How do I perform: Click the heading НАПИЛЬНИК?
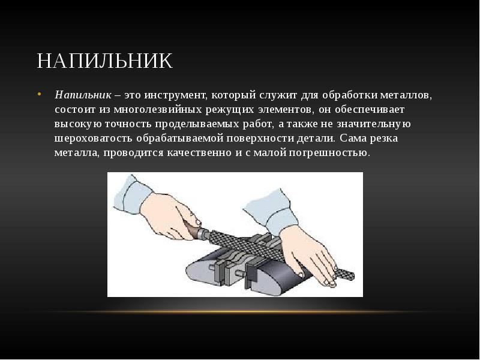(x=104, y=61)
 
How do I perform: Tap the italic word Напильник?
(x=83, y=95)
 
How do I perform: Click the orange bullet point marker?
(x=39, y=94)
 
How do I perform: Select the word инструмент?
(x=176, y=95)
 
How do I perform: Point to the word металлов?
(x=406, y=95)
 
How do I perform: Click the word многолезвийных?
(x=158, y=110)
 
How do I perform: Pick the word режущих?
(x=230, y=110)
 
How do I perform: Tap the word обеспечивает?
(x=370, y=110)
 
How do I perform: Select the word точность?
(x=128, y=124)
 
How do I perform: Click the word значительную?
(x=373, y=124)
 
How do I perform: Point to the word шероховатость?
(x=94, y=139)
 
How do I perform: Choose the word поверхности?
(x=260, y=139)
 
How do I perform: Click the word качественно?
(x=199, y=152)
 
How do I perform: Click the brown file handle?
(x=193, y=230)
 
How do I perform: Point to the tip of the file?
(x=353, y=277)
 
